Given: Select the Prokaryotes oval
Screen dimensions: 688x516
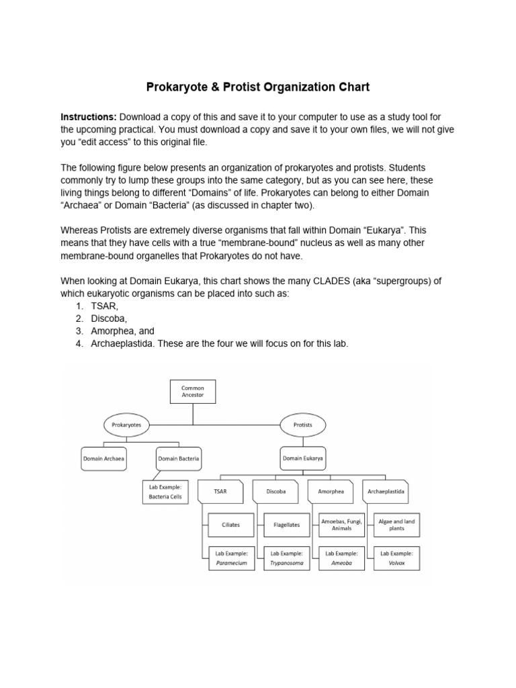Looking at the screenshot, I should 126,425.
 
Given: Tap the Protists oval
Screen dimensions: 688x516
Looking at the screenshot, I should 302,425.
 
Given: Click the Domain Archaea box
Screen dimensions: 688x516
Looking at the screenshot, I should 104,458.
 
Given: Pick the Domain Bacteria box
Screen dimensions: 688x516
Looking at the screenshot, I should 179,458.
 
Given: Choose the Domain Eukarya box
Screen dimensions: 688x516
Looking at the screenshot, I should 302,458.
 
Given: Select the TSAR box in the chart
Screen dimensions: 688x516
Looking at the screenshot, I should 220,491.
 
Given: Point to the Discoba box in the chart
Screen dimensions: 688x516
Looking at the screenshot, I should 275,491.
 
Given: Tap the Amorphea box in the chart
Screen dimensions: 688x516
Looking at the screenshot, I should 331,491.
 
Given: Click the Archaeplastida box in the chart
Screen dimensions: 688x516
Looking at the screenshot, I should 386,491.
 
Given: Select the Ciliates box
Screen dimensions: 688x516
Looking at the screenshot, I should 230,525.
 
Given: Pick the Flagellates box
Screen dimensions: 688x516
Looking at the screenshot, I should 287,525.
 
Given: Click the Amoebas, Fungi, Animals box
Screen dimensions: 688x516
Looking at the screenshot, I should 341,525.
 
